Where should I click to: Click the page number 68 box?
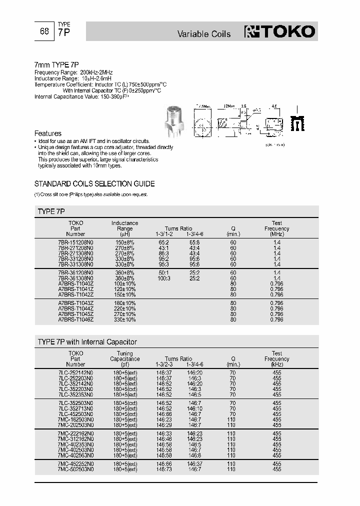coord(44,31)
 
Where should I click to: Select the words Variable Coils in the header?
coord(204,34)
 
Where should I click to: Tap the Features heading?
coord(47,133)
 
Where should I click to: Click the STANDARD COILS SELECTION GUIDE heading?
coord(94,183)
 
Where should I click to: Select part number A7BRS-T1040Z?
coord(75,283)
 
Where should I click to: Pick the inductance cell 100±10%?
coord(124,283)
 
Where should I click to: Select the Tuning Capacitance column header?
coord(124,359)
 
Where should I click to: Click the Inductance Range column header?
coord(124,228)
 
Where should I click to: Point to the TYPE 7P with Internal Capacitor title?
coord(87,342)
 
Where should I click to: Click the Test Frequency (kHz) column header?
coord(276,359)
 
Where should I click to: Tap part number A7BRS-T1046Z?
coord(75,319)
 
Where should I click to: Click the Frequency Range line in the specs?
coord(70,72)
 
